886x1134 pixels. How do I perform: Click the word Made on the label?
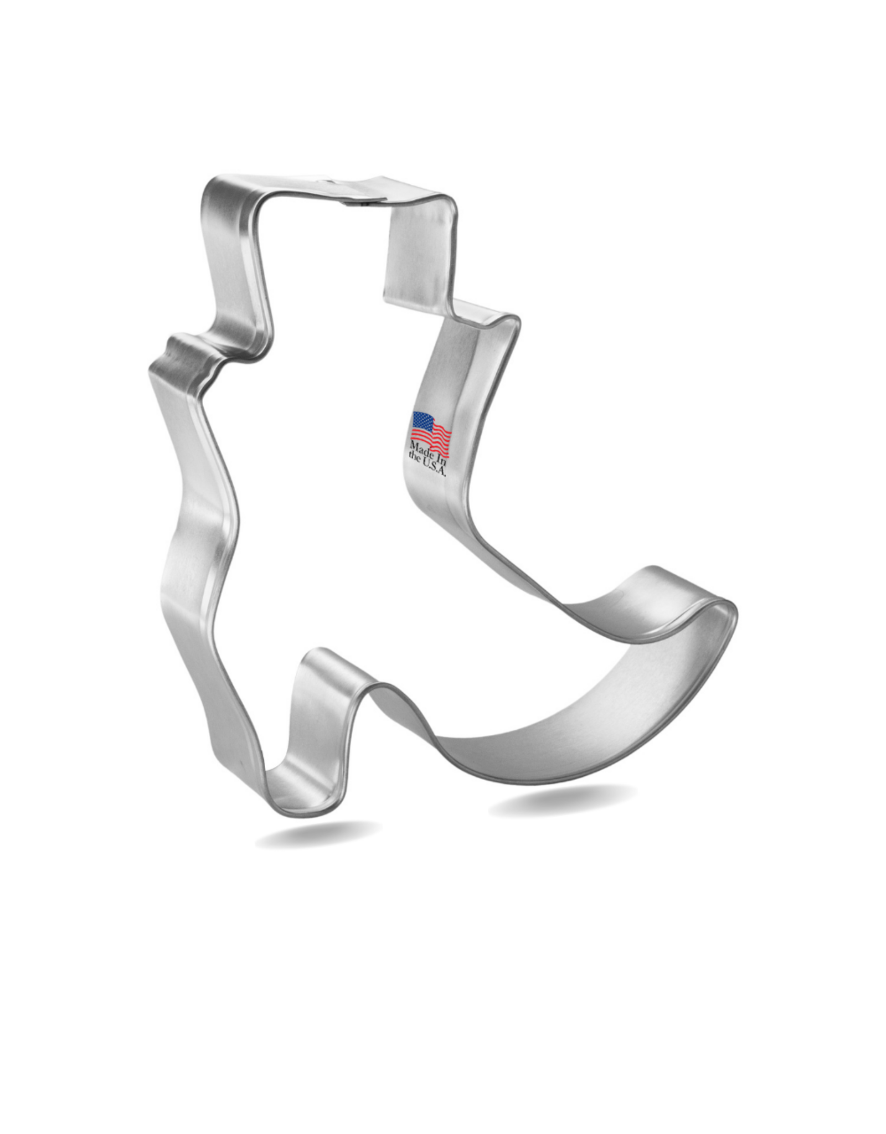[421, 464]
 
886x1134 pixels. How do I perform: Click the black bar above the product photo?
[443, 61]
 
